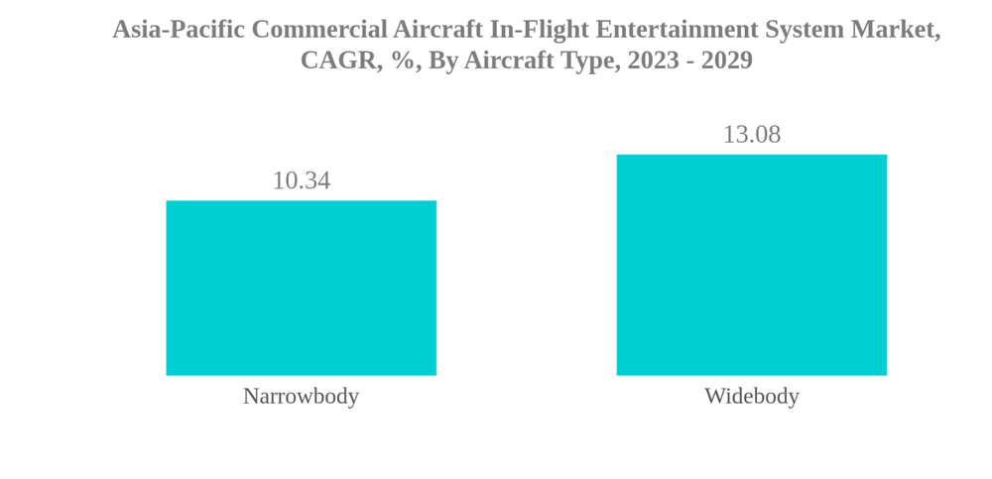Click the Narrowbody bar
pos(301,288)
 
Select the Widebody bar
pos(751,265)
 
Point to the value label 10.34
pos(301,180)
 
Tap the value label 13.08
pos(751,134)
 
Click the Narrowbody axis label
pos(301,396)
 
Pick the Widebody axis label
pos(751,396)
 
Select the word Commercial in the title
pos(319,29)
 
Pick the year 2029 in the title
pos(727,60)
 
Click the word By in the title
pos(442,60)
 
